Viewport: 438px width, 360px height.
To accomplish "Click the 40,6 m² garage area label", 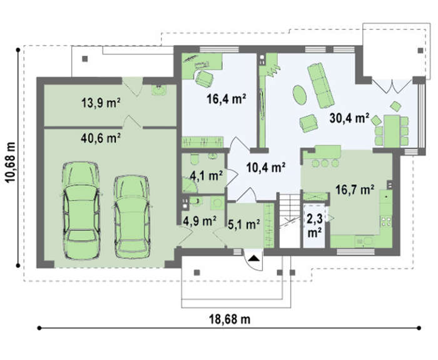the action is coord(101,138).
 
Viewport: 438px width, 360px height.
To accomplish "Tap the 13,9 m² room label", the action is coord(101,103).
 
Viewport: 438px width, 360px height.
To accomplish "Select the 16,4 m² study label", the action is coord(227,99).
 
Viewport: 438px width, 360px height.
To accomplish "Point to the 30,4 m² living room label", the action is coord(349,118).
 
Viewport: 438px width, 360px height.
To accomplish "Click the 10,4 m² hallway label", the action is coord(266,167).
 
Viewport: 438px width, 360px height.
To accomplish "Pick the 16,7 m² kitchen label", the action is coord(355,190).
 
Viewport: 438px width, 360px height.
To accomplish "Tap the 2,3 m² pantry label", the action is coord(315,225).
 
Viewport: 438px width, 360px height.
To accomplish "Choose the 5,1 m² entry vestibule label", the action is coord(244,224).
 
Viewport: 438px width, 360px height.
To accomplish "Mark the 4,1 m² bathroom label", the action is coord(206,175).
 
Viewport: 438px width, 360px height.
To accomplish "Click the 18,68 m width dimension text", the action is coord(230,319).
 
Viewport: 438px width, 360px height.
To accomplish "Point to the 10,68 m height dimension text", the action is coord(11,162).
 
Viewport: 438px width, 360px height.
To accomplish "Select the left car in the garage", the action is coord(81,210).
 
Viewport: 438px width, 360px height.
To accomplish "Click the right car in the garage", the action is coord(132,217).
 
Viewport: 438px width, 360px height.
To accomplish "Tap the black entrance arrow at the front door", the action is coord(254,258).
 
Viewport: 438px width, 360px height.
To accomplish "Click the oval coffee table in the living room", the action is coord(300,95).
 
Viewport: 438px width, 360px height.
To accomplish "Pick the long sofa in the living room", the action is coord(320,85).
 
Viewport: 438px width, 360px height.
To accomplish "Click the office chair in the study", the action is coord(204,79).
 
